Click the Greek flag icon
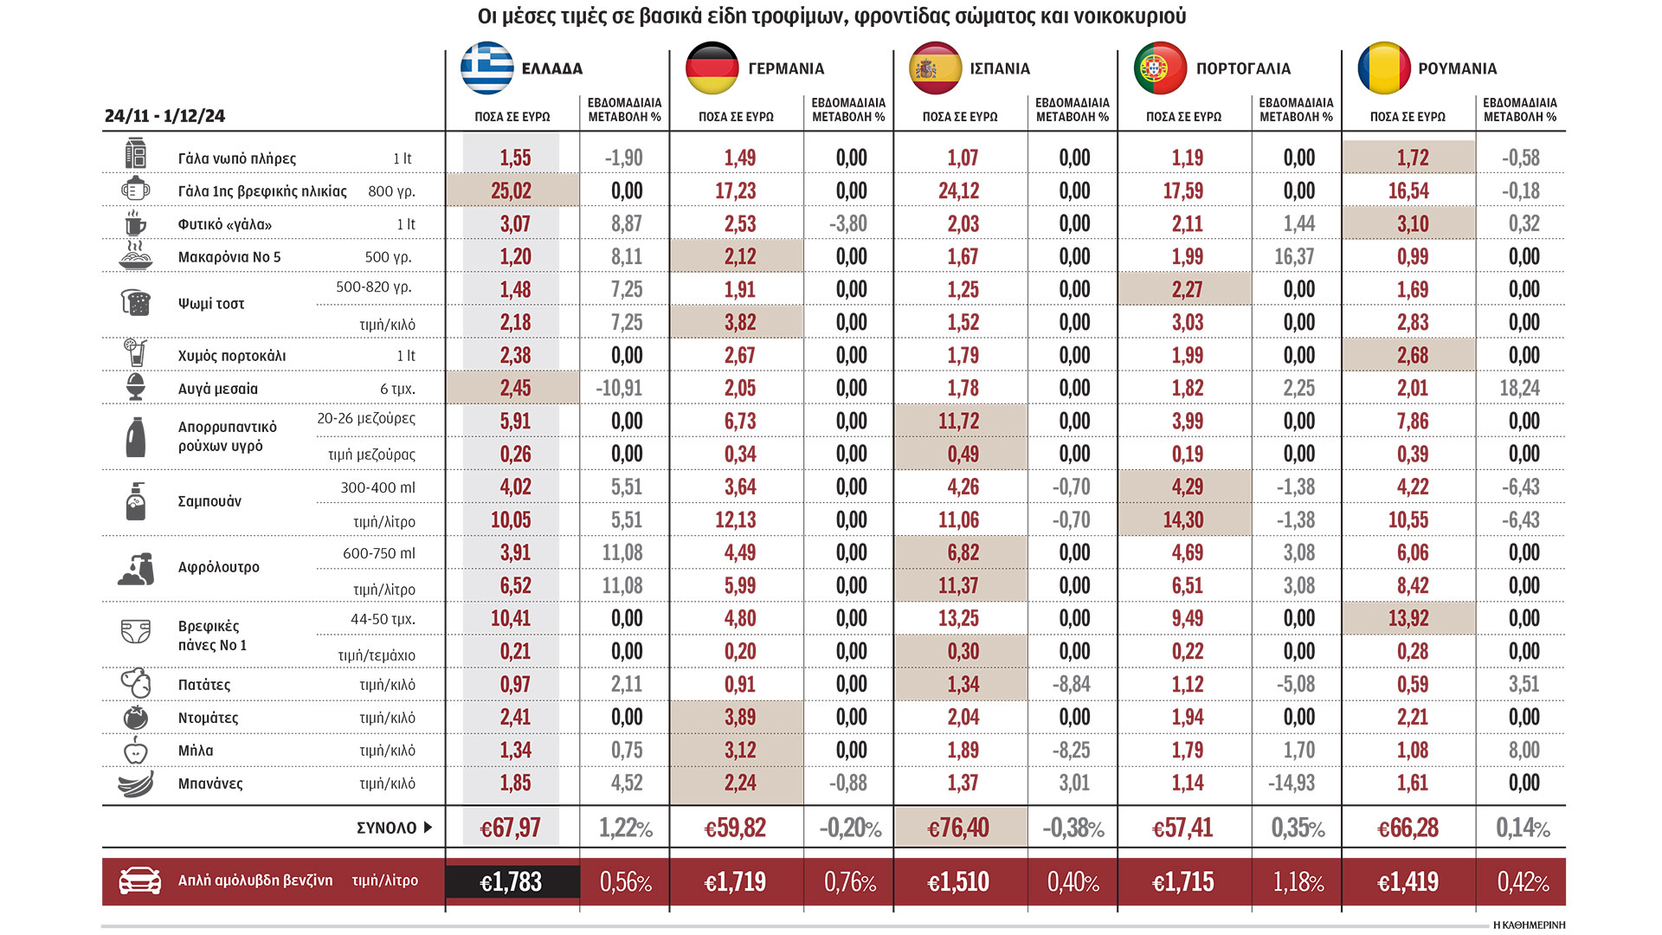point(487,68)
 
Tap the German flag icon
point(712,68)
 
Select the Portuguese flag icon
point(1160,68)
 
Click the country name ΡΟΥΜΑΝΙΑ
point(1457,68)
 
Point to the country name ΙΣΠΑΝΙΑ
point(999,68)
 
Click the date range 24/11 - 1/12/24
point(164,116)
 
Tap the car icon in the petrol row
point(139,880)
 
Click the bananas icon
point(136,783)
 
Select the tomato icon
point(136,718)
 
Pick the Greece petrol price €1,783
point(511,882)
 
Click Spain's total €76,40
point(957,829)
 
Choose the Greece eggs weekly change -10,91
point(619,388)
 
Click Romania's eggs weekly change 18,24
point(1519,388)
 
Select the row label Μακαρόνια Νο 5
point(229,257)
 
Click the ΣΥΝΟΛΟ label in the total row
point(387,829)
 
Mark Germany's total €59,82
point(735,829)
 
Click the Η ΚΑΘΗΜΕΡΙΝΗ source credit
point(1529,925)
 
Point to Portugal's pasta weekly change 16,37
point(1294,257)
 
